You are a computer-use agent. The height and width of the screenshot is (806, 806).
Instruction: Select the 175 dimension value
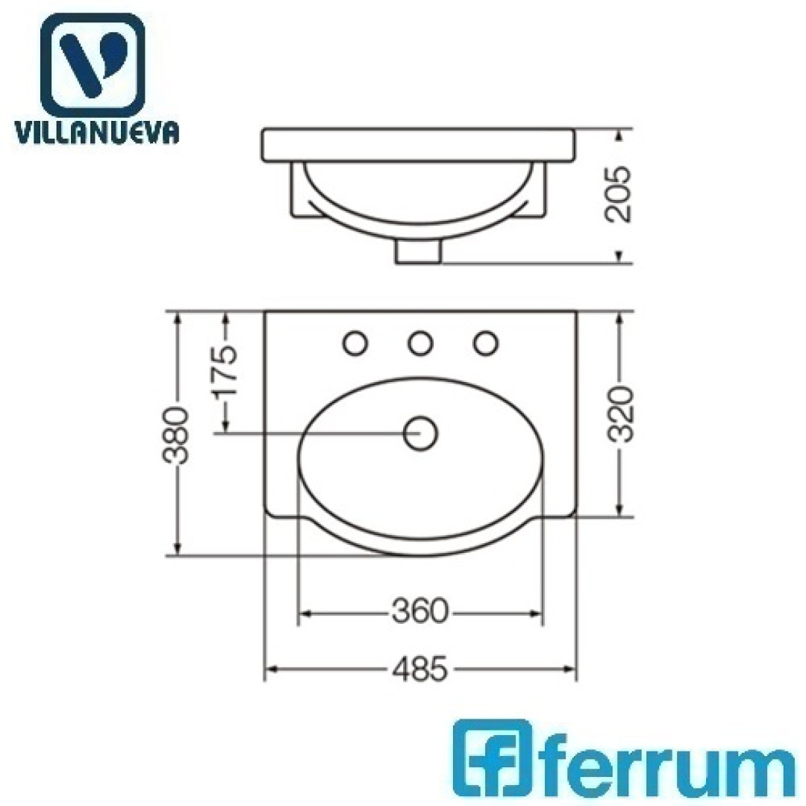(226, 369)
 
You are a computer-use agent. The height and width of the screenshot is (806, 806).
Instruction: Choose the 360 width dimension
(420, 612)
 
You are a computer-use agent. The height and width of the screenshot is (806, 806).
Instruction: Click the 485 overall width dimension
(420, 669)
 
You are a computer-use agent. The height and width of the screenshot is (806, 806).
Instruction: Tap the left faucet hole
(355, 343)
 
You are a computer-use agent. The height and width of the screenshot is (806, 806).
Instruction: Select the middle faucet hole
(420, 343)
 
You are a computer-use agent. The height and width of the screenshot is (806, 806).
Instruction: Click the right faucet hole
(485, 343)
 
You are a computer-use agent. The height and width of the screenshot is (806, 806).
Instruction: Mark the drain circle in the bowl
(420, 434)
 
